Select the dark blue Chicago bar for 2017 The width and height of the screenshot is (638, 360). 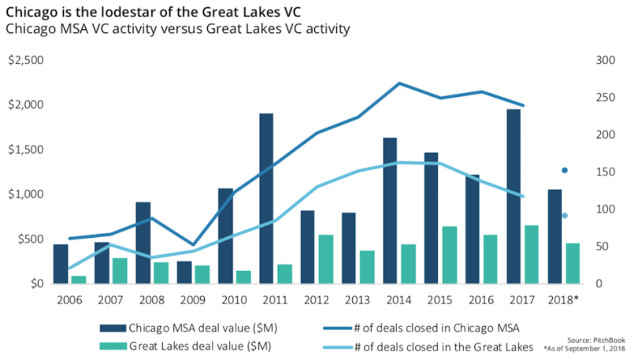pyautogui.click(x=513, y=196)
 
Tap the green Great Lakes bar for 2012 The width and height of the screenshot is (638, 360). pyautogui.click(x=325, y=259)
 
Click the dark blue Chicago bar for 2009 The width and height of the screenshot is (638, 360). pyautogui.click(x=184, y=273)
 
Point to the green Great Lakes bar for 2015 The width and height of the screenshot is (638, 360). pyautogui.click(x=449, y=255)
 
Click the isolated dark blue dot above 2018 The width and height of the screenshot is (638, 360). pyautogui.click(x=565, y=170)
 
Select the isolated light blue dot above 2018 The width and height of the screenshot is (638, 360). pyautogui.click(x=565, y=215)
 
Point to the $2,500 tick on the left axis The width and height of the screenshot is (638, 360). pyautogui.click(x=27, y=61)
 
